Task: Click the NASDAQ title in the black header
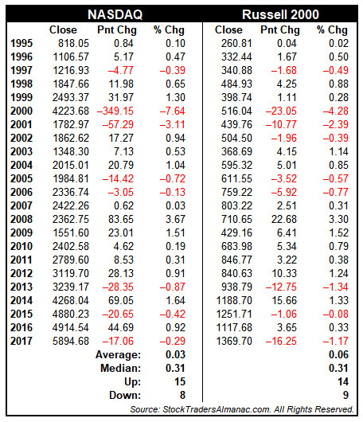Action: (x=115, y=14)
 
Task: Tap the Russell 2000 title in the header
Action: (x=280, y=14)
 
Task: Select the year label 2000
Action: (x=21, y=111)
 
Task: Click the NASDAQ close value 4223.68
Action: (x=71, y=111)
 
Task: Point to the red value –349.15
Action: (x=115, y=111)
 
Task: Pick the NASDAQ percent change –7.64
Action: (x=173, y=111)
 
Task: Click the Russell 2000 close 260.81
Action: (x=236, y=43)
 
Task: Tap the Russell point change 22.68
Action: (x=284, y=219)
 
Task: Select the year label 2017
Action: (x=21, y=341)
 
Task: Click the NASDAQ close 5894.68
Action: (x=71, y=341)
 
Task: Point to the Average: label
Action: (x=118, y=354)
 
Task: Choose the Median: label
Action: (x=120, y=368)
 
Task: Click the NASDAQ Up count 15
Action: (x=180, y=381)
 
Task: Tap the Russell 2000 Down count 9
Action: (x=345, y=395)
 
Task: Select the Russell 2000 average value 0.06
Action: (x=338, y=354)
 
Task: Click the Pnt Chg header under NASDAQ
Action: (x=117, y=30)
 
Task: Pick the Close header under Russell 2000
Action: (x=228, y=30)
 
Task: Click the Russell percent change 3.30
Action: (x=338, y=219)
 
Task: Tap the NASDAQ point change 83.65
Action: (x=121, y=219)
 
